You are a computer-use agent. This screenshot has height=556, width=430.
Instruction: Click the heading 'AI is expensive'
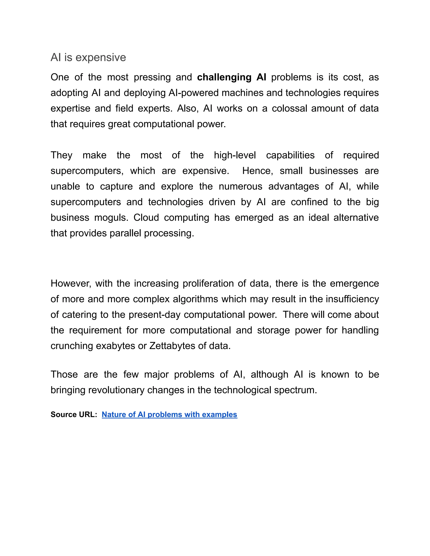[x=88, y=57]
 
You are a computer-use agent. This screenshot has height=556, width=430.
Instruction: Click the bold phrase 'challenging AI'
[x=232, y=77]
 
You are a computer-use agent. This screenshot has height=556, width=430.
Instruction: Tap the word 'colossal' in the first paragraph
[x=289, y=108]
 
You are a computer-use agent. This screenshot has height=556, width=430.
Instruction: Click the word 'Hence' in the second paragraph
[x=257, y=171]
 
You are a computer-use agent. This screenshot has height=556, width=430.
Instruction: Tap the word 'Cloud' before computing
[x=146, y=218]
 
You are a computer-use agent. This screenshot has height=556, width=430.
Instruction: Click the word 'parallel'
[x=125, y=233]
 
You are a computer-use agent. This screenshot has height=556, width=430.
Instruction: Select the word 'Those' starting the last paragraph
[x=64, y=375]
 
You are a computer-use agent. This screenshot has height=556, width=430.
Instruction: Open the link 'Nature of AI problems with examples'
[x=169, y=414]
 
